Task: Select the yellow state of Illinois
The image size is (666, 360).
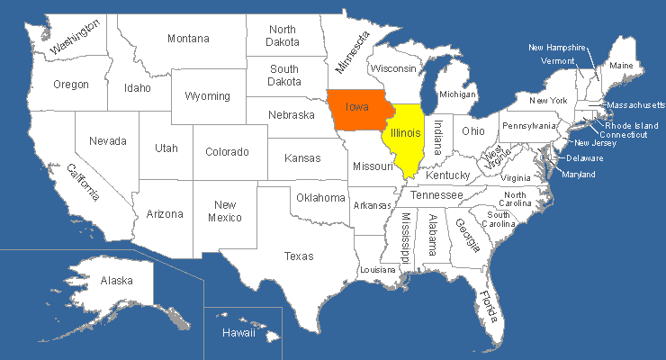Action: (x=406, y=135)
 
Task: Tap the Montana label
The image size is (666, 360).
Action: (x=188, y=39)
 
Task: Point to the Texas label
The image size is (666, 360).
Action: (x=299, y=256)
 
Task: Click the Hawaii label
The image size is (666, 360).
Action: (x=239, y=334)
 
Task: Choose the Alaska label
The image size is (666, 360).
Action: (x=116, y=281)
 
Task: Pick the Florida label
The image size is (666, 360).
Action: (x=489, y=308)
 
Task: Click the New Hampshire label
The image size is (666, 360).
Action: (x=557, y=47)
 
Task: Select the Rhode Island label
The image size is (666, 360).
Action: (x=631, y=125)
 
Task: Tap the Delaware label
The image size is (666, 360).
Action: (x=585, y=158)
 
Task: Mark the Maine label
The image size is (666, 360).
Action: (x=621, y=66)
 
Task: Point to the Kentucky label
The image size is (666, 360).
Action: (x=448, y=175)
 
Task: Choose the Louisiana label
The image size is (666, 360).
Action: (x=377, y=270)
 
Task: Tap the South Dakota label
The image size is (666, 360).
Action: (x=284, y=75)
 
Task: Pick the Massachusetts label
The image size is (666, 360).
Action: (x=634, y=105)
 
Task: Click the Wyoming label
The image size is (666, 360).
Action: (x=207, y=96)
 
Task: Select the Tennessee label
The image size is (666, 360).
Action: (x=437, y=195)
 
